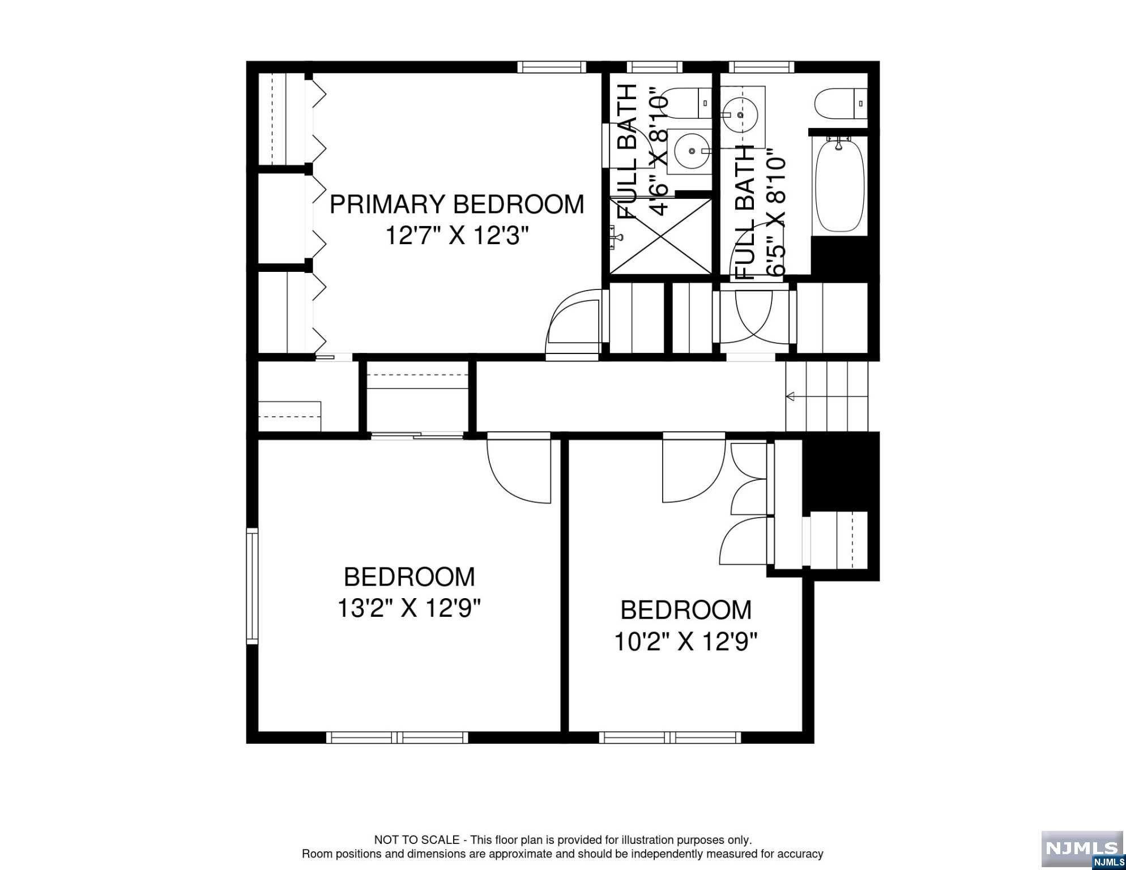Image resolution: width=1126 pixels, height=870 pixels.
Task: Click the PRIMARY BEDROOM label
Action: [457, 204]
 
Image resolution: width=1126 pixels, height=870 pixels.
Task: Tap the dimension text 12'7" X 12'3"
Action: [457, 236]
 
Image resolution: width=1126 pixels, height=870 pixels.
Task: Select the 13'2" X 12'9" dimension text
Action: [409, 609]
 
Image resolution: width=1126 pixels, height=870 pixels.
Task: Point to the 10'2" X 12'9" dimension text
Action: [686, 642]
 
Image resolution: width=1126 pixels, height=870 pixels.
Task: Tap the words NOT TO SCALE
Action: [417, 840]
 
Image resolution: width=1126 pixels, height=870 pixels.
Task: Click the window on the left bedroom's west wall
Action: [252, 586]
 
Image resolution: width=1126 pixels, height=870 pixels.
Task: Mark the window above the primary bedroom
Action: [552, 67]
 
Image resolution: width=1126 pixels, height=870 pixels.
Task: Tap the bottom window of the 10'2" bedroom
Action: [671, 737]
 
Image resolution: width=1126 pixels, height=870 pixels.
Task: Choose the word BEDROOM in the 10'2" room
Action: [686, 610]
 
